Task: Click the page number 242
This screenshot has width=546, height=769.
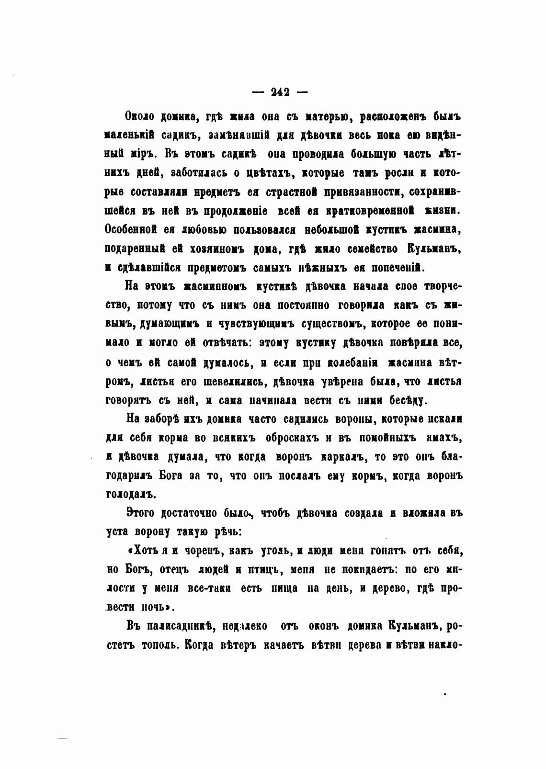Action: (280, 92)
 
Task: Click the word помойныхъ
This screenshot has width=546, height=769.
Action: (384, 438)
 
